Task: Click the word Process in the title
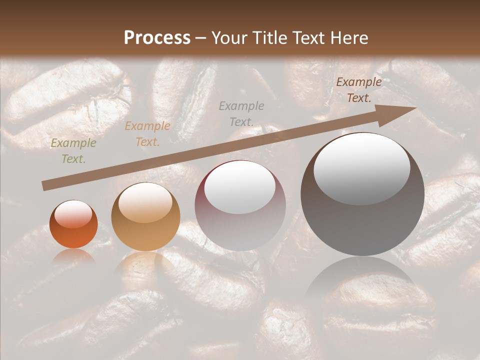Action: pos(157,38)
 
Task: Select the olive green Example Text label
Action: pos(73,151)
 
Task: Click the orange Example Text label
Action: pos(147,134)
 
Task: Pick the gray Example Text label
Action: pos(241,113)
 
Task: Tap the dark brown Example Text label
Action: pos(359,90)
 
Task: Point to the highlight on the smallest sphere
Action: pos(73,214)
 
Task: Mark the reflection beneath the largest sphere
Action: pos(362,280)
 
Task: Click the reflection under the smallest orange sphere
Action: pos(73,256)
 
